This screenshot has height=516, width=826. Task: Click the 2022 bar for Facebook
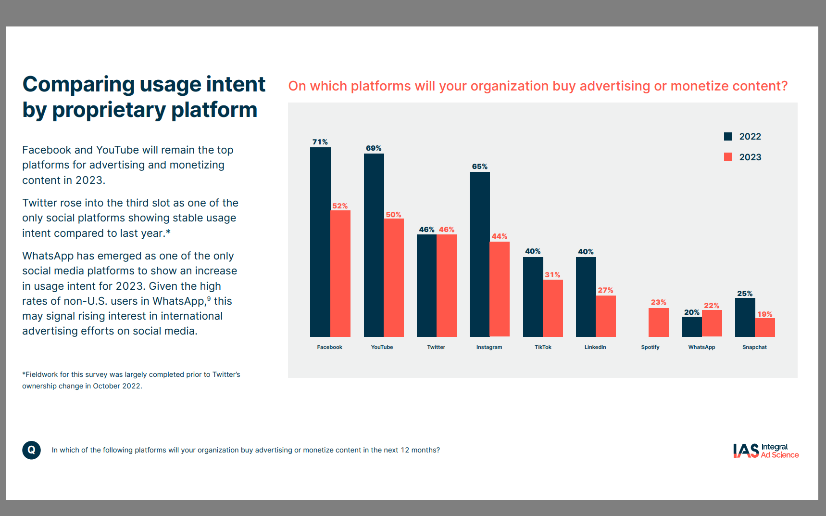(x=320, y=242)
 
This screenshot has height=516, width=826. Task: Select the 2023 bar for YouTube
(x=394, y=278)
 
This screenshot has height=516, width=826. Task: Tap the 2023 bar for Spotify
(x=658, y=322)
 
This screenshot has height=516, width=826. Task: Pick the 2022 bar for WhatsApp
(x=691, y=326)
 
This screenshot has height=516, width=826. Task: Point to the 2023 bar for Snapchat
(x=764, y=327)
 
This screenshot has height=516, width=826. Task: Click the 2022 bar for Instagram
(x=479, y=254)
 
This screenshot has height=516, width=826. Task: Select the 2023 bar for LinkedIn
(x=605, y=316)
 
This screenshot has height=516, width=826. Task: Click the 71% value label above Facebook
(x=320, y=142)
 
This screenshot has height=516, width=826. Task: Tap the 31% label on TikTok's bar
(x=552, y=275)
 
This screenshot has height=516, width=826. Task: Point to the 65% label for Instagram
(x=479, y=167)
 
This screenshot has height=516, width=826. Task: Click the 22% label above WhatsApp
(x=712, y=306)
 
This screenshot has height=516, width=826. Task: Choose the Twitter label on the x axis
(x=436, y=347)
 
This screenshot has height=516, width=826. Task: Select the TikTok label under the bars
(x=543, y=347)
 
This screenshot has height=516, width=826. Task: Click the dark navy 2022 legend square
(x=728, y=136)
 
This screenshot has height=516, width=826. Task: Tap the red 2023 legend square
(x=728, y=157)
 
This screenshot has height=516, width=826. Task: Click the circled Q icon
(x=31, y=450)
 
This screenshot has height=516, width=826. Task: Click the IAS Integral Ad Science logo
(x=765, y=451)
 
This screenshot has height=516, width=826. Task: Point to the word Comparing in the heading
(x=78, y=85)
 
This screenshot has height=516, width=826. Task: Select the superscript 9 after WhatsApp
(x=209, y=298)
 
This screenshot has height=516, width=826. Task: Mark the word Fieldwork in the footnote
(x=42, y=374)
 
